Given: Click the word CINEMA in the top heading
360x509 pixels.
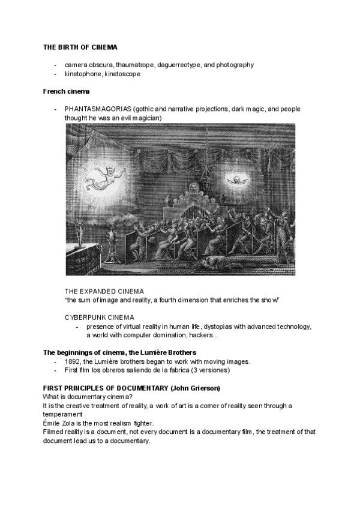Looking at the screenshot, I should pos(104,47).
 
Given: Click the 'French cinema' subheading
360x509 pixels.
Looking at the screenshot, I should pos(67,92).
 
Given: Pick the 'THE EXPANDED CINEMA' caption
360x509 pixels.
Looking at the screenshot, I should pos(105,291).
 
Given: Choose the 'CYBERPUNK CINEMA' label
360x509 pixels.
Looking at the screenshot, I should pos(100,317).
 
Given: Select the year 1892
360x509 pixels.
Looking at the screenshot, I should pos(73,361).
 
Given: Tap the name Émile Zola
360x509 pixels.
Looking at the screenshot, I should pos(58,423).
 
